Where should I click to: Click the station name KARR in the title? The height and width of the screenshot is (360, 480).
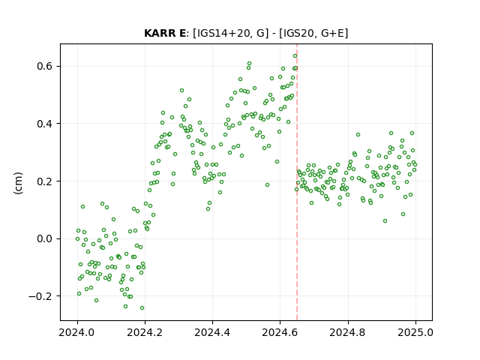click(x=160, y=33)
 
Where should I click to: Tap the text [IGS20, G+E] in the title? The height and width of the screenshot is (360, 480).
click(x=313, y=33)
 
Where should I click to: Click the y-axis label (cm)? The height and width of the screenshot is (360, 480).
click(x=18, y=183)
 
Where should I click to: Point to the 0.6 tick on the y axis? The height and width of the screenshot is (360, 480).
click(x=46, y=66)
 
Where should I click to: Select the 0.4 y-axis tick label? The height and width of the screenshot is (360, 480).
click(x=46, y=124)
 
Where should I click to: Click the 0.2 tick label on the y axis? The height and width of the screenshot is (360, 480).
click(x=46, y=181)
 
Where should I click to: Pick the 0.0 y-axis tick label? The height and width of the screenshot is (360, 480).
click(x=46, y=238)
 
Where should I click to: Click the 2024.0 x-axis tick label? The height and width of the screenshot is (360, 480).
click(x=77, y=332)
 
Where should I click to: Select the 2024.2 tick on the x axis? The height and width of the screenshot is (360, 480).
click(x=145, y=332)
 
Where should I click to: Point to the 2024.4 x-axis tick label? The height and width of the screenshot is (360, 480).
click(x=212, y=332)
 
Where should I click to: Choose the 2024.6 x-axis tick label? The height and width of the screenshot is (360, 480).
click(x=280, y=332)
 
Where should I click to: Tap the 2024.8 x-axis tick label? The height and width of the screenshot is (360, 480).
click(x=348, y=332)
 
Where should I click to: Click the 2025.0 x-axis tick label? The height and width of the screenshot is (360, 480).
click(x=415, y=332)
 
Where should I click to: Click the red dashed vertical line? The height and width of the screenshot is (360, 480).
click(x=297, y=182)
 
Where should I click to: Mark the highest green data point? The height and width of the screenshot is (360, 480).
click(x=295, y=56)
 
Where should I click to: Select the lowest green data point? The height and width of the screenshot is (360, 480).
click(x=142, y=308)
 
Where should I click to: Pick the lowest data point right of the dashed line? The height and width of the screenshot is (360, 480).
click(x=385, y=221)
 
